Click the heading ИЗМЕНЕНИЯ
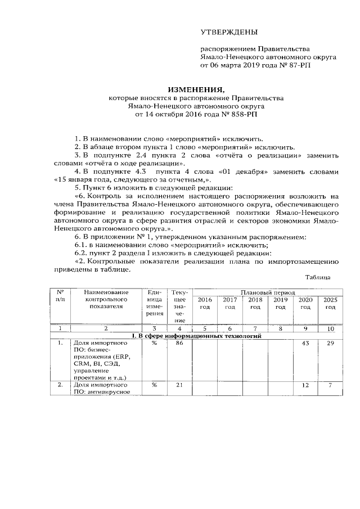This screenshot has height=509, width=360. (197, 89)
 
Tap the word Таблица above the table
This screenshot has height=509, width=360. (318, 277)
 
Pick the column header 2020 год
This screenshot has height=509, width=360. (305, 303)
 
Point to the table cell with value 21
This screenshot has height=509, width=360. (179, 385)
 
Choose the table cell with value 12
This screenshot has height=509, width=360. (305, 385)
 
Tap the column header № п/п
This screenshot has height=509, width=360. (60, 296)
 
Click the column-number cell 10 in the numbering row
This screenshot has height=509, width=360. (330, 328)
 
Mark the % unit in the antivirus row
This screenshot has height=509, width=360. (154, 385)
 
